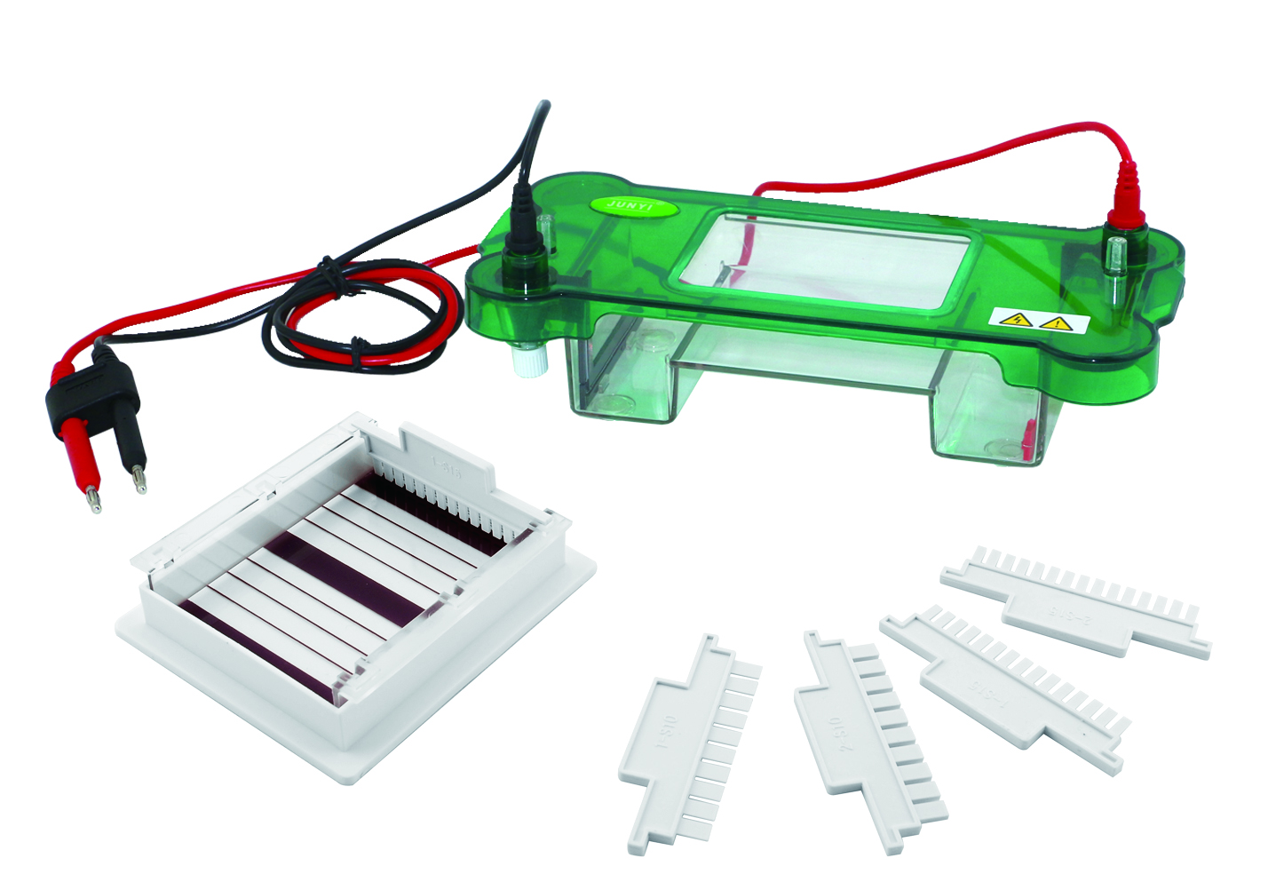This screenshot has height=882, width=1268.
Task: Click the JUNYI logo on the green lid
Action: pyautogui.click(x=633, y=204)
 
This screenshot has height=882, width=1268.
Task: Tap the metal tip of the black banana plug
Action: pyautogui.click(x=139, y=478)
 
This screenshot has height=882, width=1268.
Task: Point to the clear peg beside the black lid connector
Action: pyautogui.click(x=549, y=233)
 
